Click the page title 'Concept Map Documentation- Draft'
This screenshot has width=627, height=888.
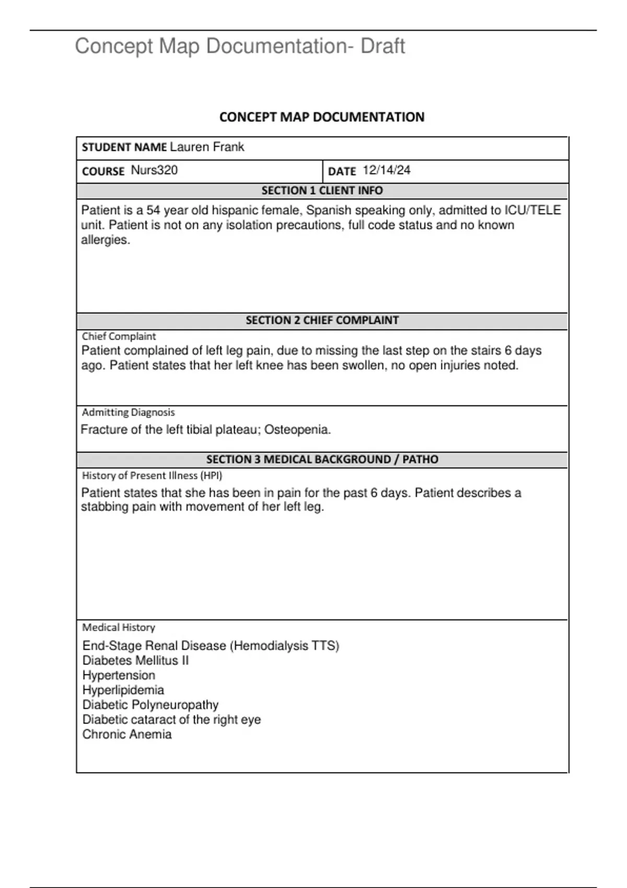point(240,46)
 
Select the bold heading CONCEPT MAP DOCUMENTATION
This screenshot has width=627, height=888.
point(321,117)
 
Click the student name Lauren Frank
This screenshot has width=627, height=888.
point(207,147)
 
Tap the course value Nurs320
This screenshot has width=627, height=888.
point(154,170)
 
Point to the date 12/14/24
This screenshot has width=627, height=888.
point(387,170)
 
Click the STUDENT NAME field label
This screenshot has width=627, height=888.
point(124,147)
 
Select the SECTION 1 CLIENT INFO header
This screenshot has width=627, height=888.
point(322,191)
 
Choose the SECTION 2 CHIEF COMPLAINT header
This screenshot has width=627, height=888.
point(322,320)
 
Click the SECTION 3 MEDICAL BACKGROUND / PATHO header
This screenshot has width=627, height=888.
point(322,460)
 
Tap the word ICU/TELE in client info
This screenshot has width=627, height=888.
point(532,211)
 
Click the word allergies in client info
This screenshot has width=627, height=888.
point(105,240)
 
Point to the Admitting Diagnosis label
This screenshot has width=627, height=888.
point(128,412)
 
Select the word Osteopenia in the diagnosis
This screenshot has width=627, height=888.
point(297,430)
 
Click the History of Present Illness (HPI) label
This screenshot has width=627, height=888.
point(152,475)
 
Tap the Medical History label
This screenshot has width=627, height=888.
point(119,627)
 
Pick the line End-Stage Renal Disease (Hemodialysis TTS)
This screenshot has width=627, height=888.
point(211,646)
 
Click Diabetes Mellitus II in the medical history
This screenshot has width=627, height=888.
point(135,661)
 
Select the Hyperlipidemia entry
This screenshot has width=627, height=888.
point(123,690)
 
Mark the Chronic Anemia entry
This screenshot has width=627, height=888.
point(127,734)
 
